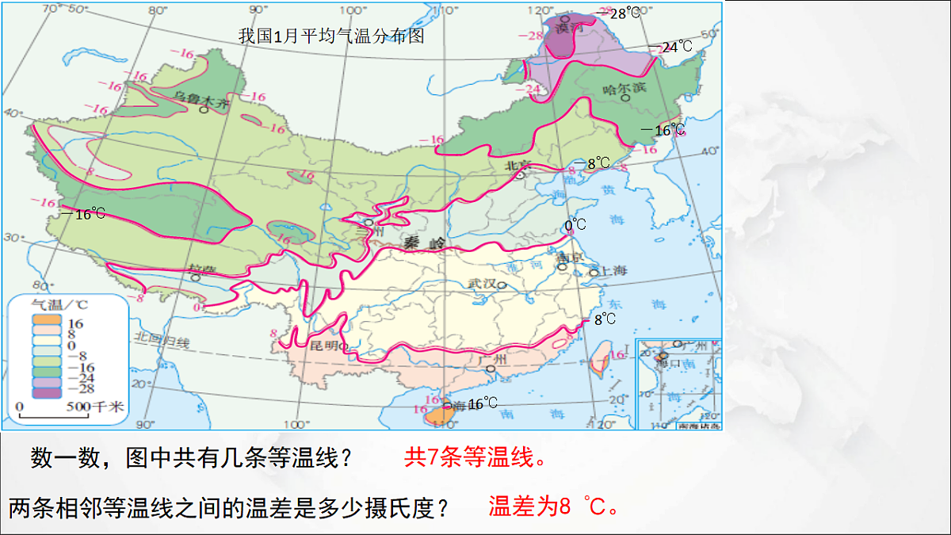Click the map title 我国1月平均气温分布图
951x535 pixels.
tap(332, 36)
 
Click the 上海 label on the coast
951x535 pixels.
tap(611, 270)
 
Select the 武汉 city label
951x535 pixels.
tap(483, 283)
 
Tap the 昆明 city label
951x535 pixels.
tap(323, 346)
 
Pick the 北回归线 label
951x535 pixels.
tap(162, 342)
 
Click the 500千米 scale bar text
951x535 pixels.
tap(100, 407)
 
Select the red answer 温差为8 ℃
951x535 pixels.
tap(553, 506)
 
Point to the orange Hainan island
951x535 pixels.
tap(437, 415)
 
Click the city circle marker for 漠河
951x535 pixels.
tap(565, 18)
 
